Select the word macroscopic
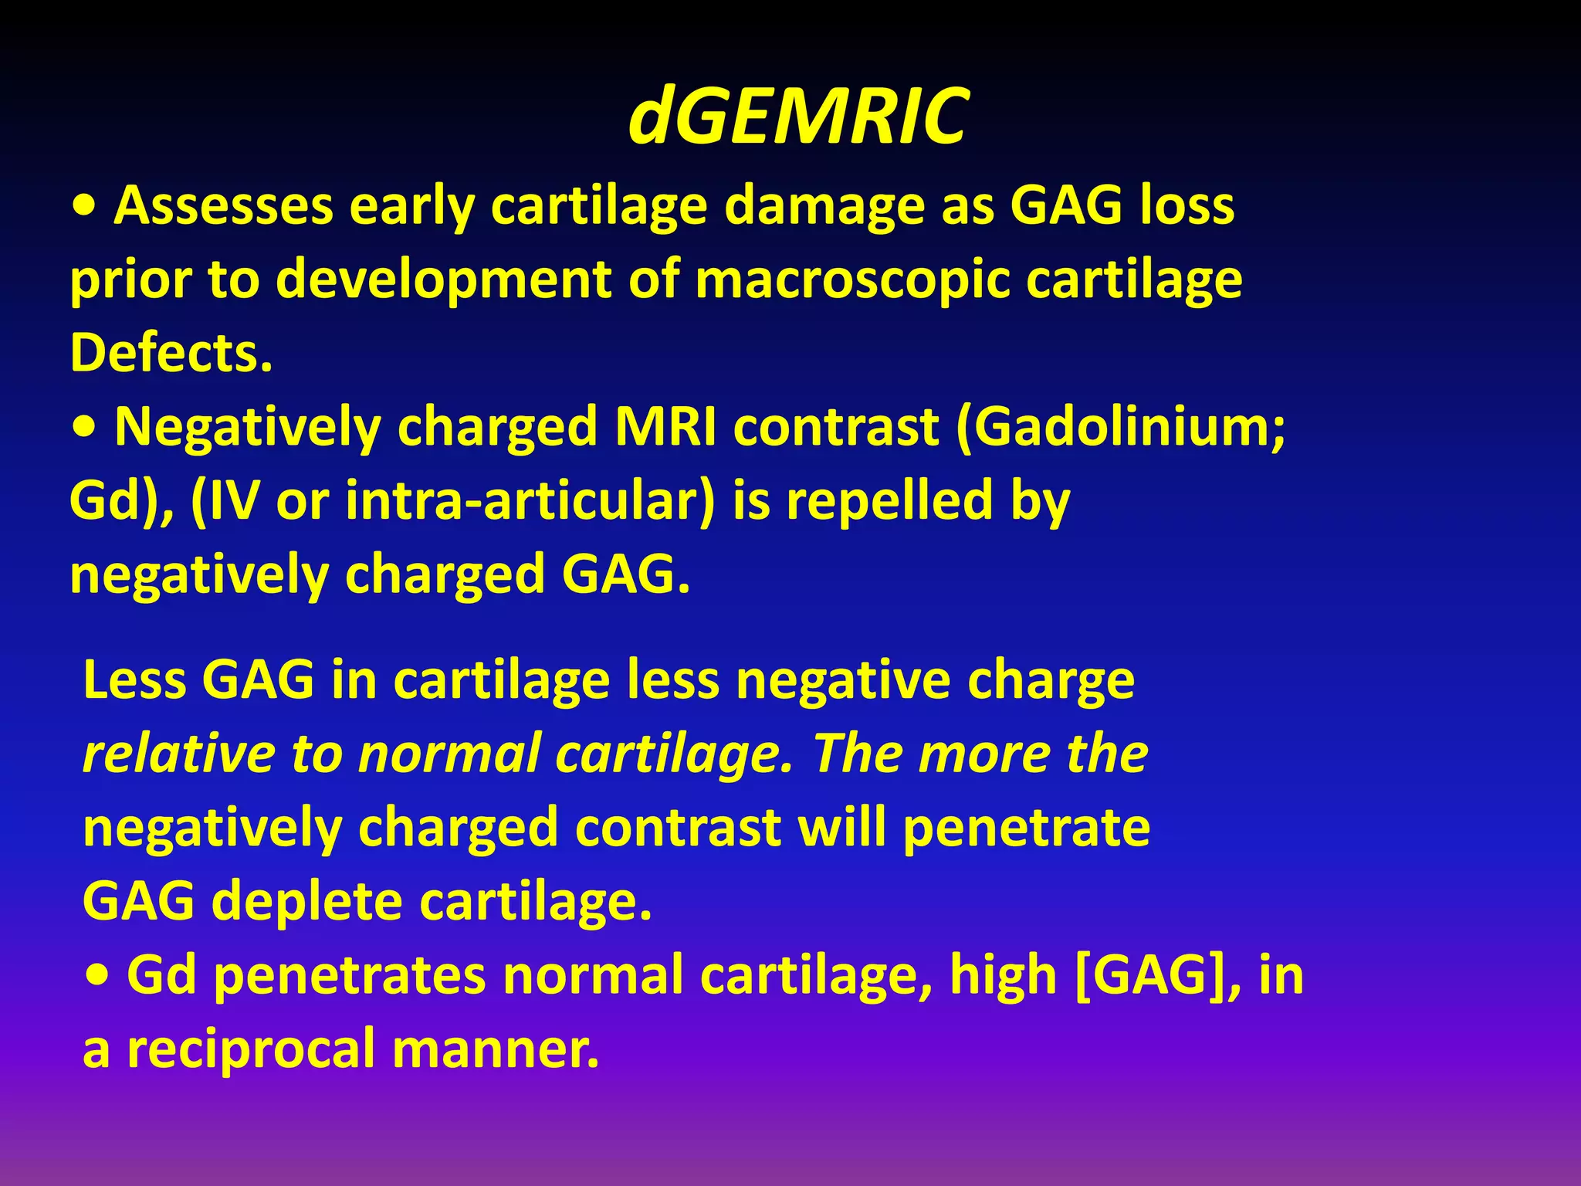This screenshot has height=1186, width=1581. point(852,280)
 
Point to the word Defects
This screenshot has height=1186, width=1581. point(171,353)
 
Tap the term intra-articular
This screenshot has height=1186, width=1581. point(522,500)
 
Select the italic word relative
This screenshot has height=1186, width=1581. point(178,754)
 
